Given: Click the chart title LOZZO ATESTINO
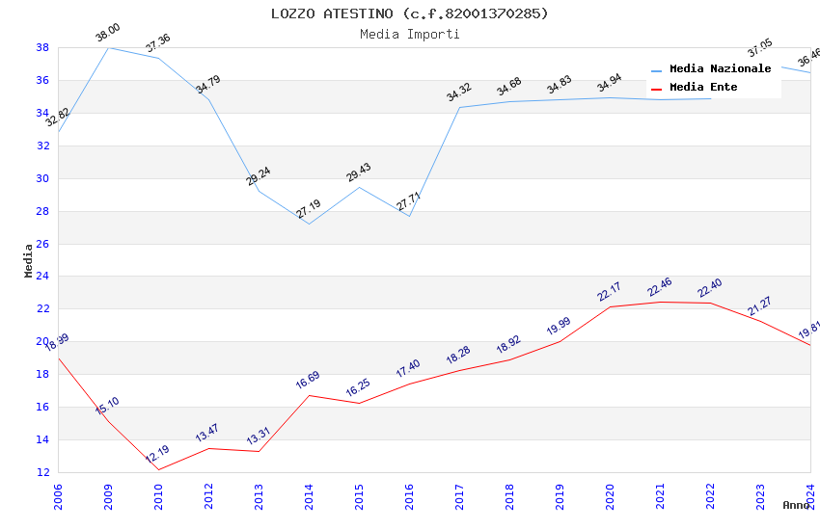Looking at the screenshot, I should (x=409, y=13).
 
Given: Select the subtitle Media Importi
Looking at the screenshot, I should (x=409, y=34).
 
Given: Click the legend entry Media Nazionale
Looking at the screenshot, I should (x=720, y=69).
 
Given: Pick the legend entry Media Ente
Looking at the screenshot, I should (x=703, y=88).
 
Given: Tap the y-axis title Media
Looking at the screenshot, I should (x=29, y=260).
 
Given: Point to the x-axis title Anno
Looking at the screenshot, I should (x=796, y=505).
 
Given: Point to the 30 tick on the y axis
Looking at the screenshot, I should (x=43, y=178).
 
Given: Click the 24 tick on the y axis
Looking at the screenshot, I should (x=43, y=277).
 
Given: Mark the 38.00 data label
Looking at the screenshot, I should (x=107, y=35).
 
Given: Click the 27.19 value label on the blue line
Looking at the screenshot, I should (x=309, y=209).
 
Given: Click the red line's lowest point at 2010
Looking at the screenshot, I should (x=158, y=469).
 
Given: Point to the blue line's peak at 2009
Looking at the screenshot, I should (x=108, y=47).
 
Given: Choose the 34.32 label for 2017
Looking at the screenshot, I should (x=458, y=93).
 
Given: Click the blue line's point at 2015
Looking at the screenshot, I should (x=359, y=187).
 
